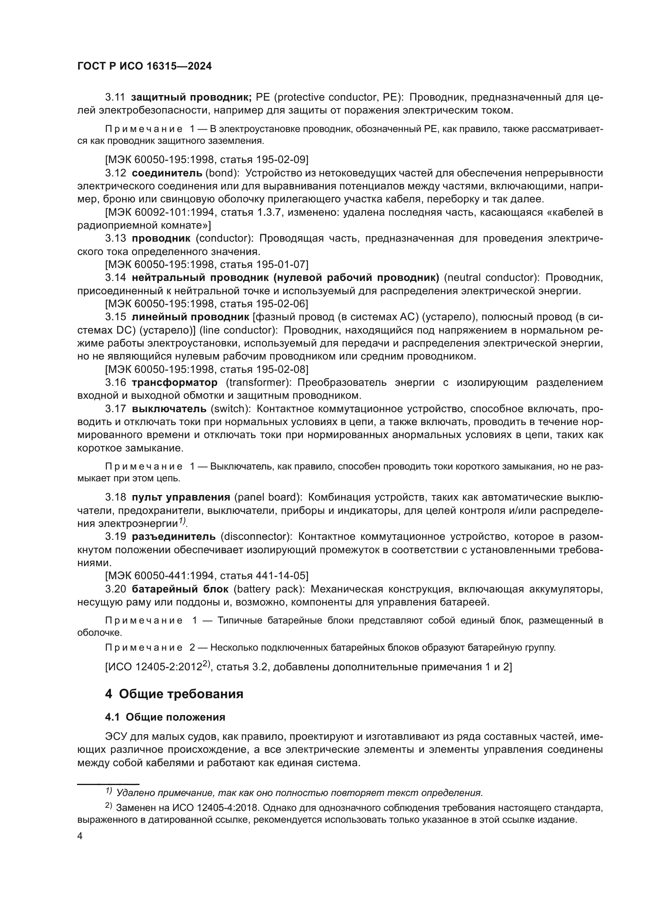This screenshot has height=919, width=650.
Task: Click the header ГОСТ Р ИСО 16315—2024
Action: pyautogui.click(x=145, y=66)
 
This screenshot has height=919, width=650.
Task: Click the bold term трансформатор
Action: pyautogui.click(x=174, y=383)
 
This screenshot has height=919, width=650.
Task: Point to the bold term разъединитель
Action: pyautogui.click(x=174, y=536)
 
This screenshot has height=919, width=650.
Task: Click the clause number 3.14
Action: pyautogui.click(x=116, y=278)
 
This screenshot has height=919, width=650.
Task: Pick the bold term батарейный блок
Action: pyautogui.click(x=180, y=589)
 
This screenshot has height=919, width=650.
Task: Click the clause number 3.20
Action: pyautogui.click(x=116, y=589)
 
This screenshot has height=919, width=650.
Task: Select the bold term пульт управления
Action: pyautogui.click(x=181, y=497)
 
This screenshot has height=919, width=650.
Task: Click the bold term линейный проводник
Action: pyautogui.click(x=191, y=317)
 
